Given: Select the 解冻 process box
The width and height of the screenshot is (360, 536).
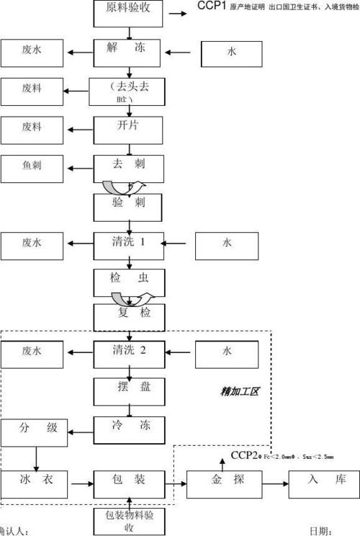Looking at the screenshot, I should point(129,53).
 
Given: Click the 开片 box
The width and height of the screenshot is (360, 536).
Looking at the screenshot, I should point(129,128).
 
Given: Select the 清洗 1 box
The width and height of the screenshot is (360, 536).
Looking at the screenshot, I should point(129,244).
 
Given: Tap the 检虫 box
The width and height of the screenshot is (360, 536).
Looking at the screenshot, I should point(129,280).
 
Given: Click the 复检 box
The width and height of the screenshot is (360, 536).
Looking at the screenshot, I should point(129,316).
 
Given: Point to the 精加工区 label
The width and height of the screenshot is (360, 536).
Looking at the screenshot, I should point(240,392).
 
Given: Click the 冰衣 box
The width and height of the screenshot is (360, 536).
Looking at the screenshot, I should point(32,480).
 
